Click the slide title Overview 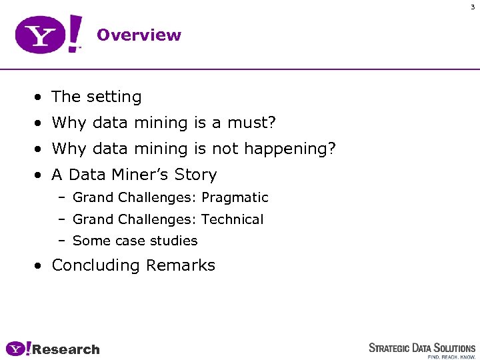click(x=139, y=35)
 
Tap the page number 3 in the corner click(x=473, y=7)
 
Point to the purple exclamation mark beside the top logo click(x=75, y=33)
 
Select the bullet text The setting click(x=97, y=97)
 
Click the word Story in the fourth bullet click(x=195, y=175)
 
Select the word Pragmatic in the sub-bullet click(x=235, y=198)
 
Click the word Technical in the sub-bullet click(x=233, y=219)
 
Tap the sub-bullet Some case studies click(x=135, y=241)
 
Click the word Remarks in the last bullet click(x=181, y=265)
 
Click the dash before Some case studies click(x=61, y=241)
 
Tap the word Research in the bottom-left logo click(x=66, y=349)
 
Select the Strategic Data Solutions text click(x=422, y=347)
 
